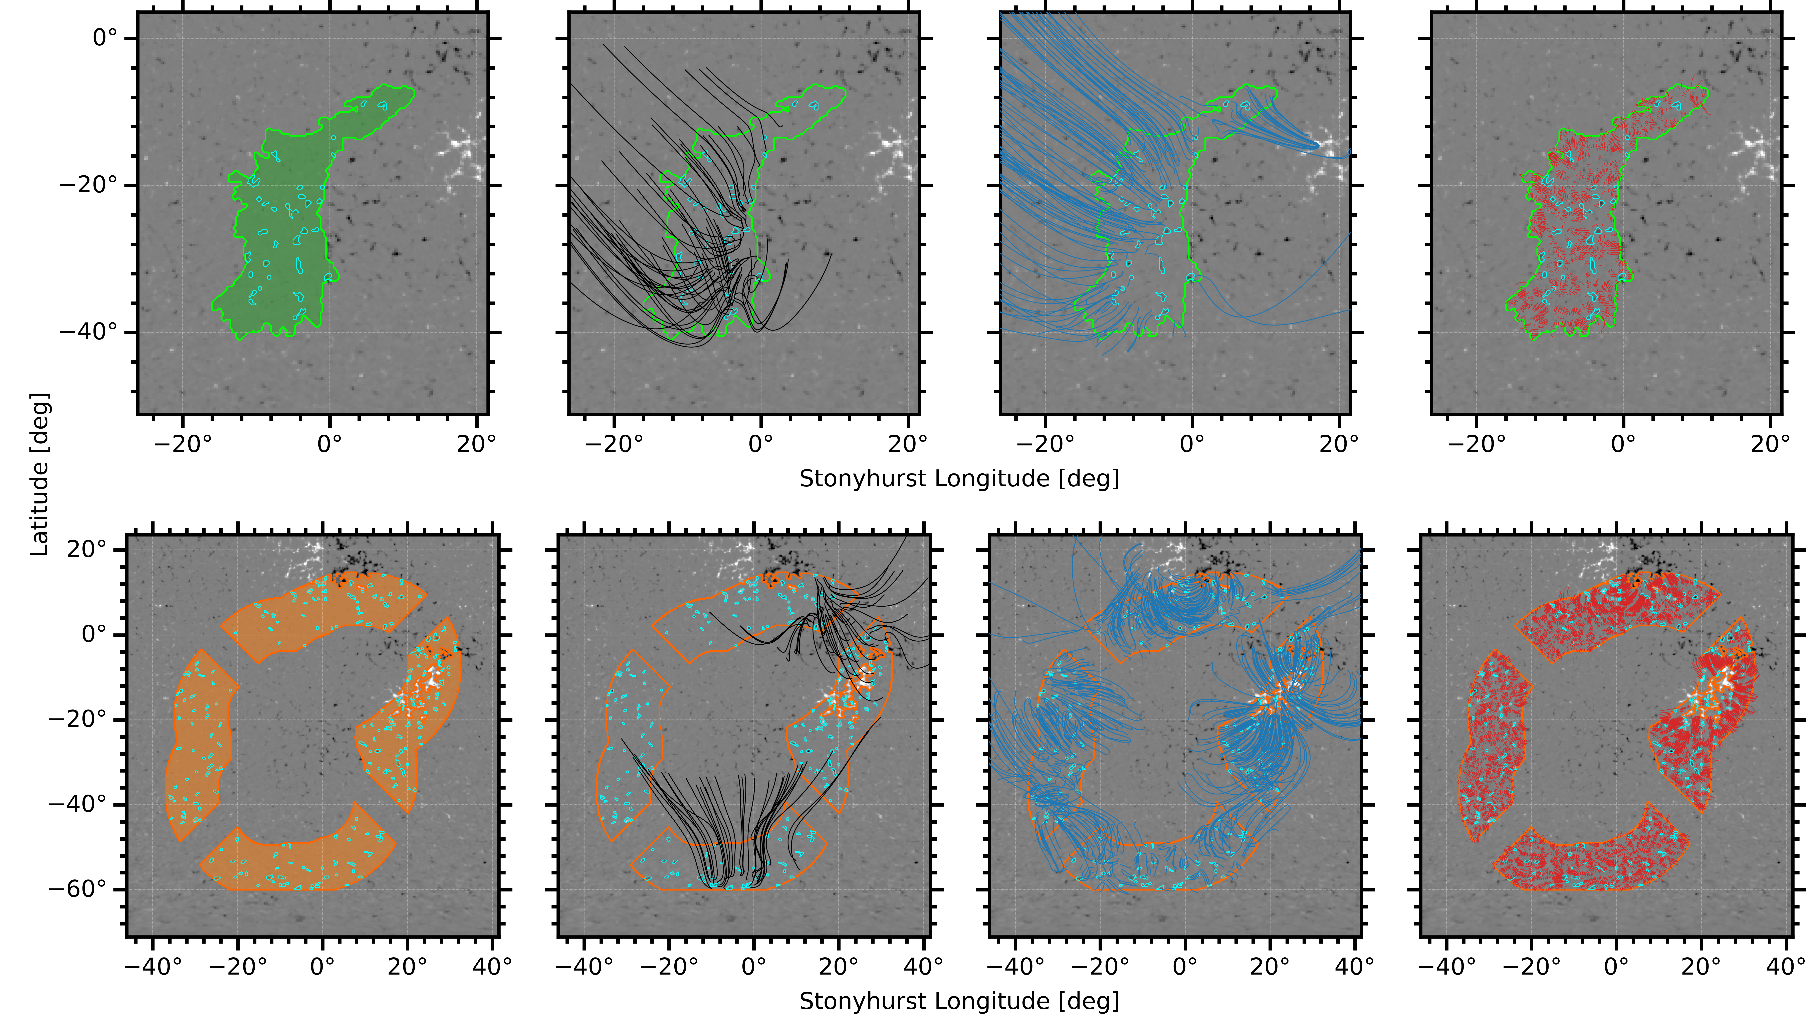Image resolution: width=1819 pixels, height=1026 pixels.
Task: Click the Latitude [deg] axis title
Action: tap(40, 474)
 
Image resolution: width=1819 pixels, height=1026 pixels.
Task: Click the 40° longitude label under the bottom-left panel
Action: tap(492, 966)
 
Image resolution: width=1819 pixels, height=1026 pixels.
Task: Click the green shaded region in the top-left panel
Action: tap(282, 233)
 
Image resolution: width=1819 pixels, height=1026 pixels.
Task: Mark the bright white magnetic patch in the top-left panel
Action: tap(463, 152)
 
